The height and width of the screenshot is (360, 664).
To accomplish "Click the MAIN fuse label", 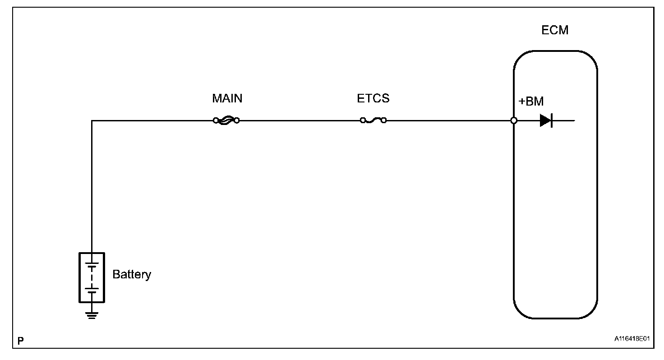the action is point(227,98).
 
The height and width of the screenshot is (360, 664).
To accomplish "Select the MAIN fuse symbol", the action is point(226,120).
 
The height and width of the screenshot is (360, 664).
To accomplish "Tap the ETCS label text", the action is point(373,98).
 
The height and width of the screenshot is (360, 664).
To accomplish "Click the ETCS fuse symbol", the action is point(373,120).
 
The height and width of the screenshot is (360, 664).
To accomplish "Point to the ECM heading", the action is point(555,30).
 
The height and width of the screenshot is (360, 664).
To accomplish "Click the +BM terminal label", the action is point(531,102).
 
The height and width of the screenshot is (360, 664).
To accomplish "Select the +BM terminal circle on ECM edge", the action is point(514,120).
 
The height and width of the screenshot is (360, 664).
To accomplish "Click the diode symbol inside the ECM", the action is point(546,120).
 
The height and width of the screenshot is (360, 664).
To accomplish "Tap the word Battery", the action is point(132,274).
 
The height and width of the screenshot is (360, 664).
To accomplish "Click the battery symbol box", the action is point(92,277).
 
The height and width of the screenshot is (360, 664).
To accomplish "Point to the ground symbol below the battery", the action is point(92,314).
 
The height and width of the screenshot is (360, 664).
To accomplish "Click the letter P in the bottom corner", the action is point(20,341).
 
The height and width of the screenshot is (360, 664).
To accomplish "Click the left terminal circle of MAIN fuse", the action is point(216,120).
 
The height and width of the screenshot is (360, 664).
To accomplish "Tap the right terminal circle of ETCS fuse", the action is point(384,120).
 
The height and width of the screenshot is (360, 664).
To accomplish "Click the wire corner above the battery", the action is point(92,120).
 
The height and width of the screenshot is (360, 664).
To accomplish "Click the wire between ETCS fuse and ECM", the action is point(449,120).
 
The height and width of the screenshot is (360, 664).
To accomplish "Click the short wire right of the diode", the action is point(564,120).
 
